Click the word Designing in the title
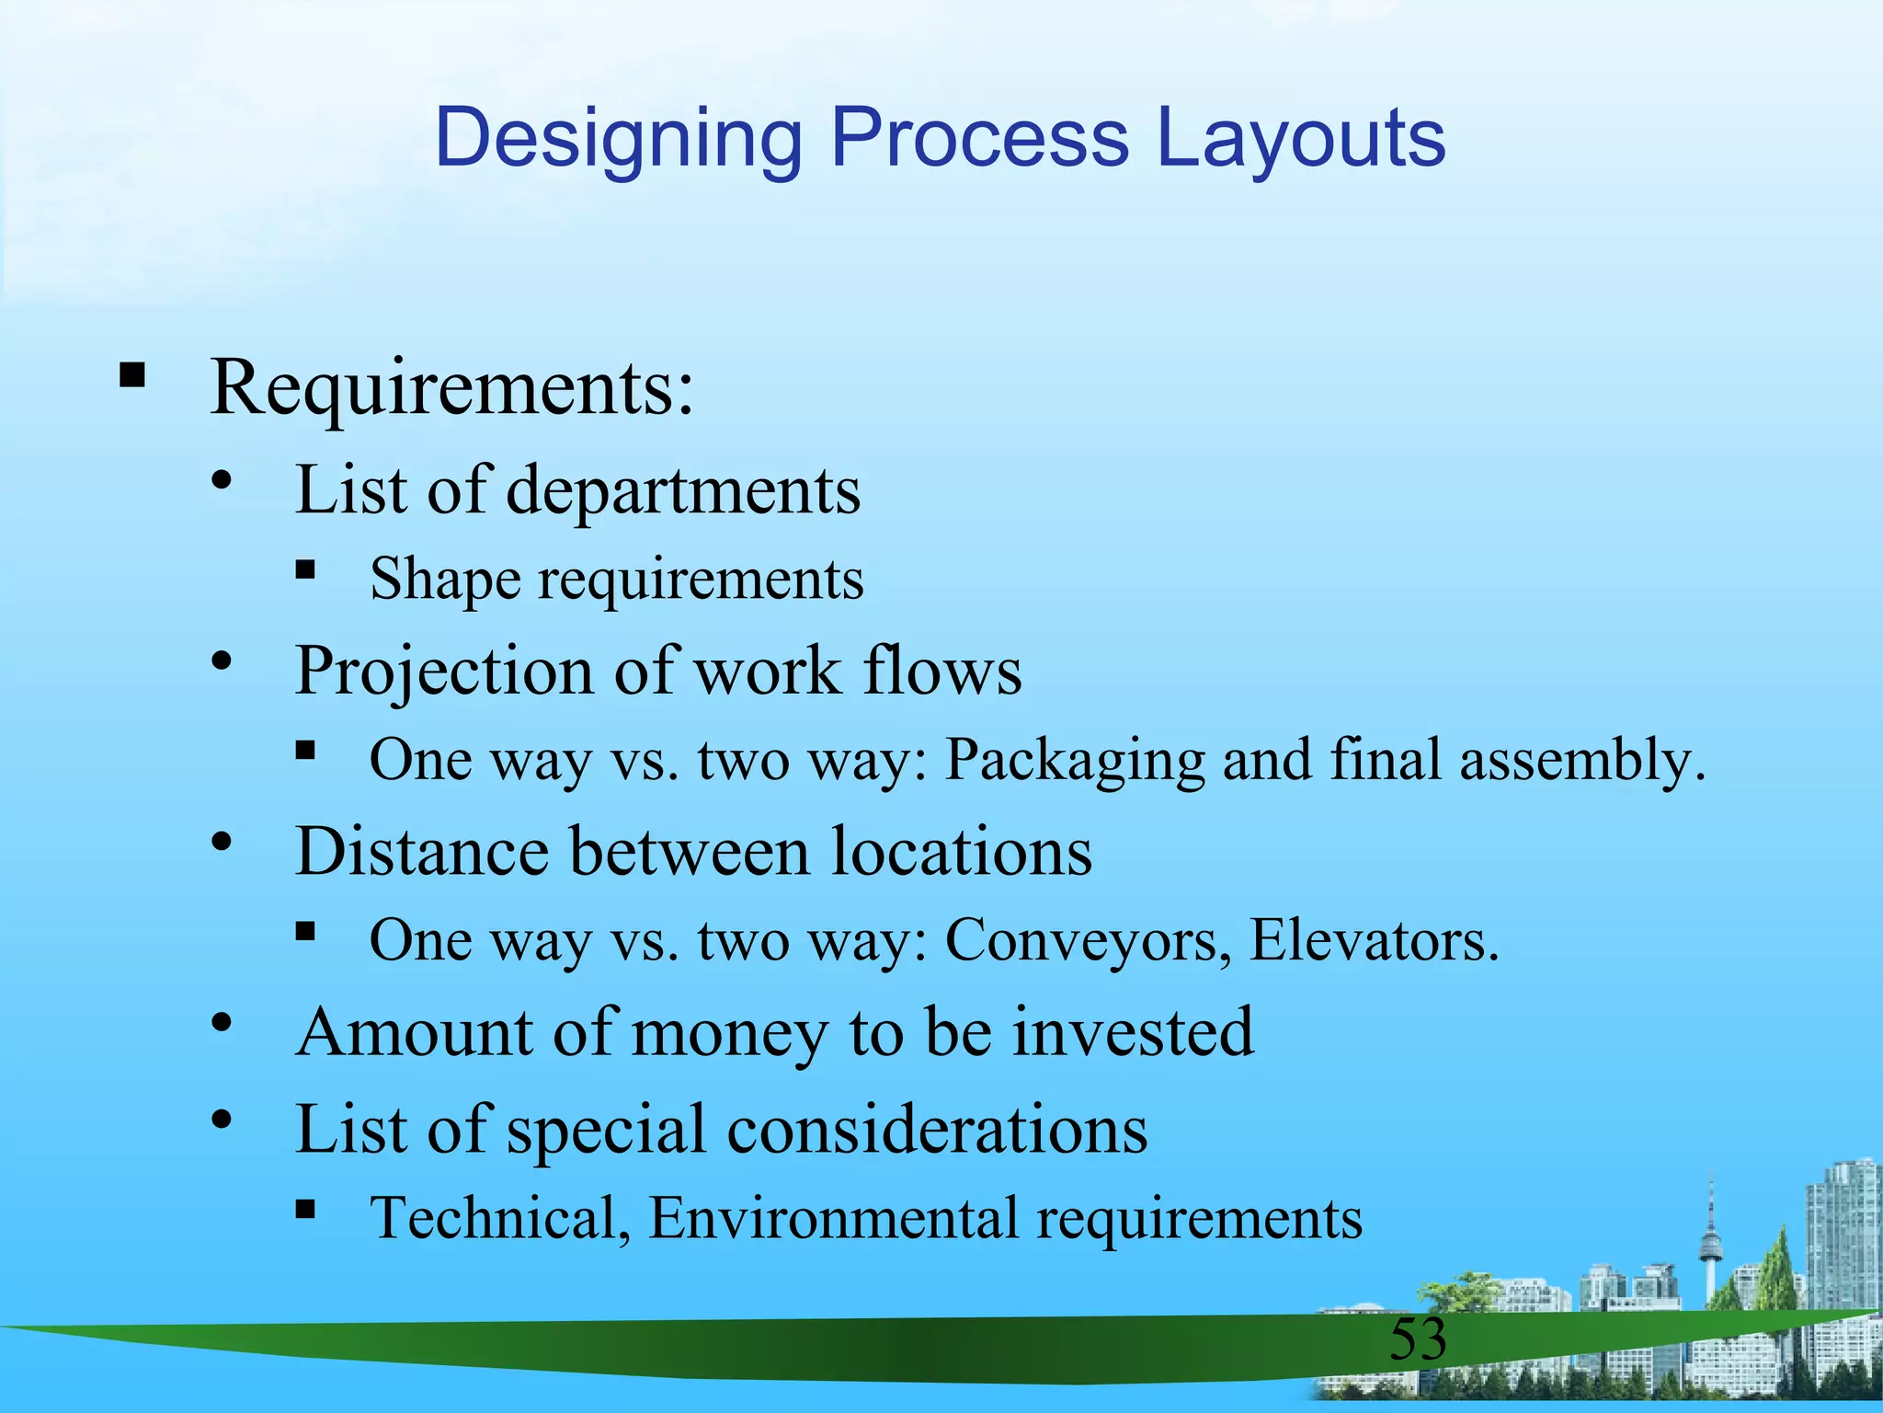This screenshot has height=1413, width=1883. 619,140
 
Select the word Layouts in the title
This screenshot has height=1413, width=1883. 1300,140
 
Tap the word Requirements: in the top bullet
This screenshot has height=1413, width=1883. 451,387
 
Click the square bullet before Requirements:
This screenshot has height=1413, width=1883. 132,375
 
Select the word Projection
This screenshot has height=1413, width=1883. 443,672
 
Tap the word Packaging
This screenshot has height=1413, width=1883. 1075,761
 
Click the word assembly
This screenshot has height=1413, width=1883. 1582,761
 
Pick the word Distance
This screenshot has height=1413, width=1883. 422,851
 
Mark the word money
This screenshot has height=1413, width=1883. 730,1033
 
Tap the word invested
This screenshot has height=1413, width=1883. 1133,1031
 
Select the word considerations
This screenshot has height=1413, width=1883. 937,1130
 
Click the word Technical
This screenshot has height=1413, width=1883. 500,1218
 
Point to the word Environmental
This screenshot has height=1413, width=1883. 833,1218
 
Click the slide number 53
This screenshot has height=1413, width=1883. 1418,1339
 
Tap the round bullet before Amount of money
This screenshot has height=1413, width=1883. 221,1022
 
